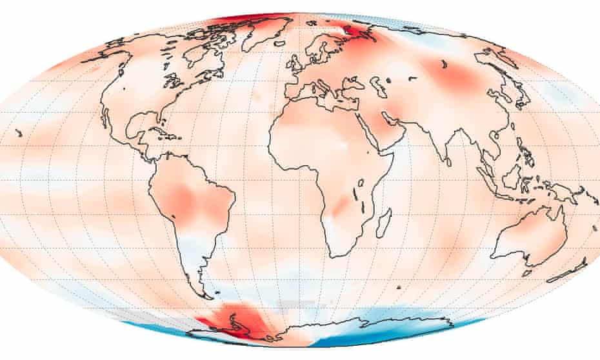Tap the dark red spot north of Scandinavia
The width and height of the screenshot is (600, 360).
tap(354, 30)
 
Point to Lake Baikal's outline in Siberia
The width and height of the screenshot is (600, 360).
tap(444, 65)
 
